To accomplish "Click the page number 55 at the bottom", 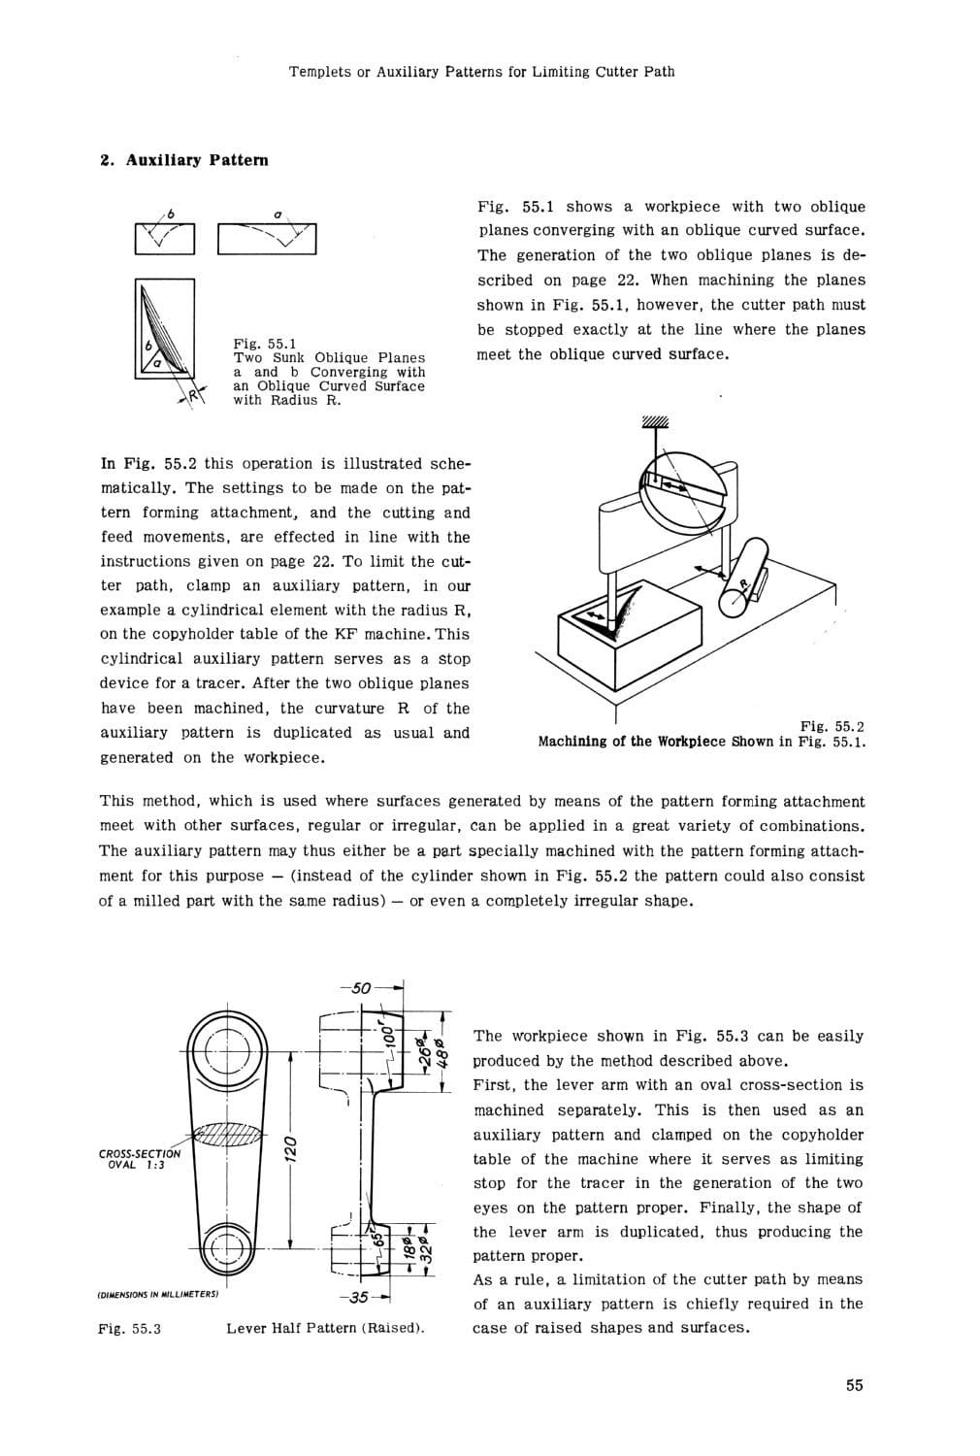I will point(854,1385).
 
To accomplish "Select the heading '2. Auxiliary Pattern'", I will point(185,160).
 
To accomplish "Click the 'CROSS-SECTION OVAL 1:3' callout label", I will point(139,1159).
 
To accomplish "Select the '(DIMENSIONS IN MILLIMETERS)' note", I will point(158,1294).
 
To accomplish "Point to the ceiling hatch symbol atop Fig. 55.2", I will point(655,421).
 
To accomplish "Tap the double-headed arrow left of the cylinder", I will point(705,569).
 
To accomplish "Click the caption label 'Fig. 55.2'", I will point(832,727).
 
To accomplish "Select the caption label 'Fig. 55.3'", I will point(129,1328).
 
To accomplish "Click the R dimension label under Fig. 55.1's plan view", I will point(192,394).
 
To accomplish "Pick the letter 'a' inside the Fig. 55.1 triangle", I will point(156,365).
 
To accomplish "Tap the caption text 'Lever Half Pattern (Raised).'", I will point(325,1328).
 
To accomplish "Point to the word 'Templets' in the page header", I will point(318,71).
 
